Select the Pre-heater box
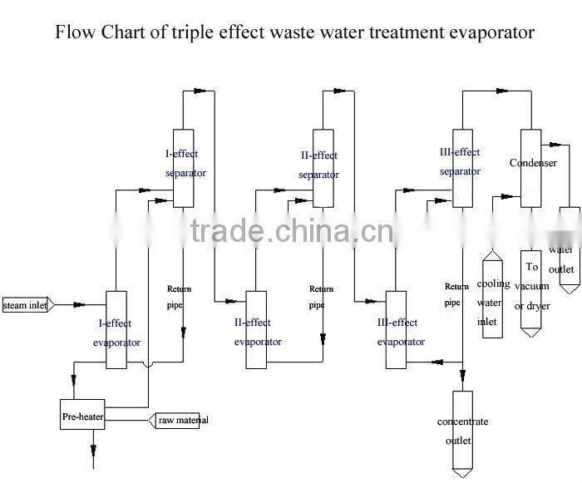coord(81,415)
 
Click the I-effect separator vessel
coord(183,168)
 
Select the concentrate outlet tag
coord(462,431)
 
